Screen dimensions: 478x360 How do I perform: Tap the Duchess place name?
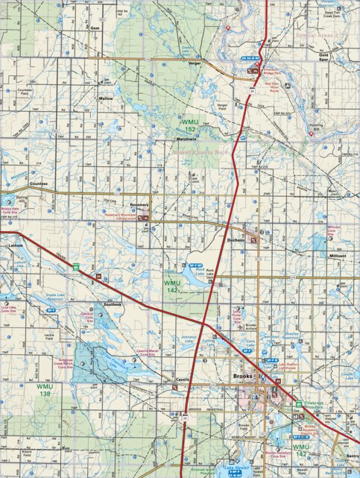pyautogui.click(x=236, y=241)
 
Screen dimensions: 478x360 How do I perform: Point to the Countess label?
pyautogui.click(x=40, y=183)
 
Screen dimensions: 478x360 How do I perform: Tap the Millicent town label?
pyautogui.click(x=338, y=255)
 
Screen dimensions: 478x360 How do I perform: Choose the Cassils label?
pyautogui.click(x=183, y=379)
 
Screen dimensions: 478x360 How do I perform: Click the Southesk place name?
pyautogui.click(x=113, y=304)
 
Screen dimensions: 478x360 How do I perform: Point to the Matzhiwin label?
pyautogui.click(x=187, y=139)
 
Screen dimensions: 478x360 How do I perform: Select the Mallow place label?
pyautogui.click(x=105, y=98)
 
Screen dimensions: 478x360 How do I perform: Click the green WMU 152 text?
pyautogui.click(x=190, y=125)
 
